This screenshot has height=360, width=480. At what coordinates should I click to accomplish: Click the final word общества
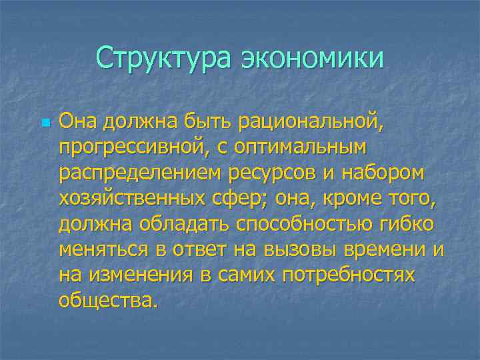(x=109, y=299)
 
